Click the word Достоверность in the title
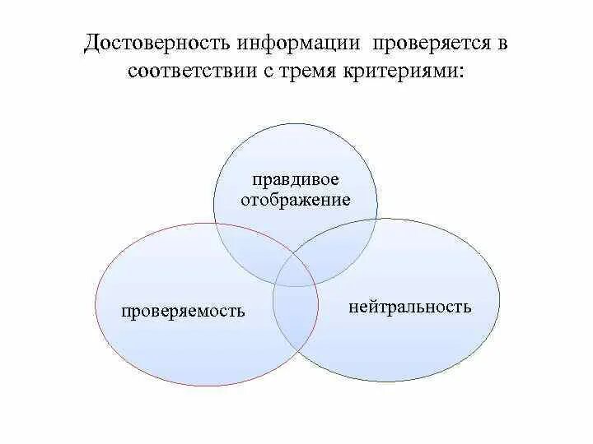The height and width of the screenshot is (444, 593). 156,43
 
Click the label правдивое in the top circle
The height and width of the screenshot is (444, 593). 296,180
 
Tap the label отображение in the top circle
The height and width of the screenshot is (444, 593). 296,200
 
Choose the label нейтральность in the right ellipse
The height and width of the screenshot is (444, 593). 409,307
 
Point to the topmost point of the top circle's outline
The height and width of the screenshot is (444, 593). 296,123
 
